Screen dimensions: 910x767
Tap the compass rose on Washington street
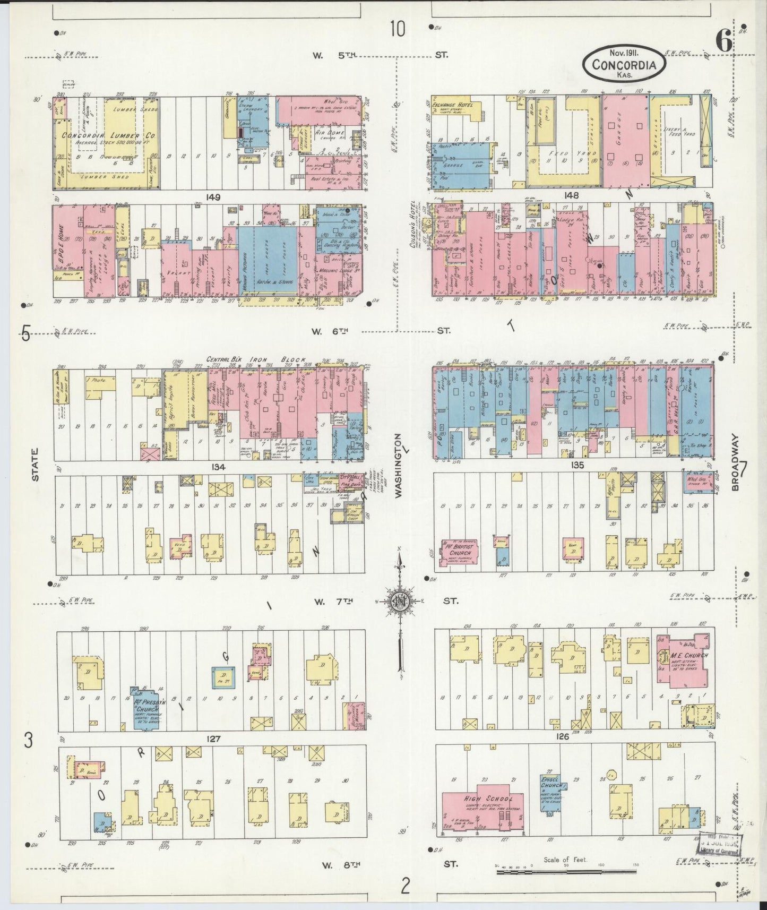[x=399, y=601]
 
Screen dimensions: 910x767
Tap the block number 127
[x=214, y=739]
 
